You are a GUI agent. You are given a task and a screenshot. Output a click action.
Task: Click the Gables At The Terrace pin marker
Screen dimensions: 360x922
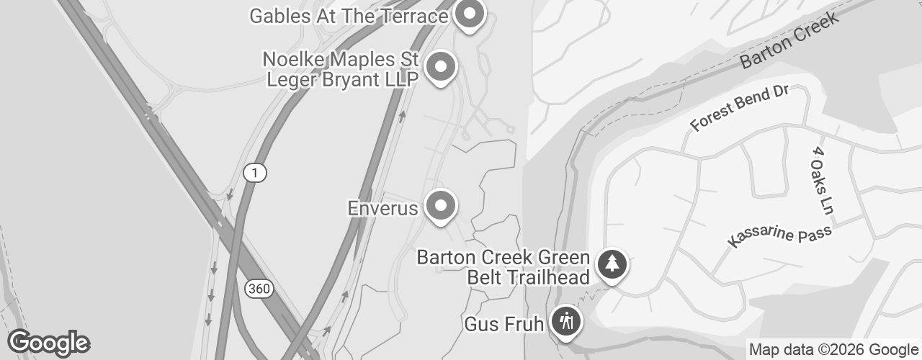tap(470, 14)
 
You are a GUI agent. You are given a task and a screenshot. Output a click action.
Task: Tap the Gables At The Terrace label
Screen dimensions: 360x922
tap(348, 16)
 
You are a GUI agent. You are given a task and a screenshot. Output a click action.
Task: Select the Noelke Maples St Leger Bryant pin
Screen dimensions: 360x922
tap(441, 68)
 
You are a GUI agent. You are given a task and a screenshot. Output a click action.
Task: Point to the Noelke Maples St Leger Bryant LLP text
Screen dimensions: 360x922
tap(341, 68)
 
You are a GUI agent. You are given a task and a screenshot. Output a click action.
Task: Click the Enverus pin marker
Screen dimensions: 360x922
tap(441, 207)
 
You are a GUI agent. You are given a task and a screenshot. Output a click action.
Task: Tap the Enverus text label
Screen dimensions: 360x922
tap(382, 209)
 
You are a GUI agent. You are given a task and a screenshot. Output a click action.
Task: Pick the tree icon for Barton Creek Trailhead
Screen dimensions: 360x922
tap(612, 264)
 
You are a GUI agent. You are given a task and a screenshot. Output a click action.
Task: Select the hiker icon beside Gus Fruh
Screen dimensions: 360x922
tap(566, 321)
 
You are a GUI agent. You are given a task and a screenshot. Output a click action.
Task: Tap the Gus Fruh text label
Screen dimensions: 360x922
tap(503, 324)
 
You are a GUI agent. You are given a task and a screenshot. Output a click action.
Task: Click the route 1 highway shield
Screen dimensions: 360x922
tap(254, 173)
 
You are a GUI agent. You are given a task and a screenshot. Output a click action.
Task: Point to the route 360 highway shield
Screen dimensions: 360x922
tap(258, 289)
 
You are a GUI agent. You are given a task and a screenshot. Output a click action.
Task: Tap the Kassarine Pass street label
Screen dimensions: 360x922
tap(779, 235)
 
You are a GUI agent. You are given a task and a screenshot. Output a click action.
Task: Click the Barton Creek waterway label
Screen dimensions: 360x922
tap(790, 40)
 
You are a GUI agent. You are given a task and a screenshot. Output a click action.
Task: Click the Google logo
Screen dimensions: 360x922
tap(48, 343)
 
